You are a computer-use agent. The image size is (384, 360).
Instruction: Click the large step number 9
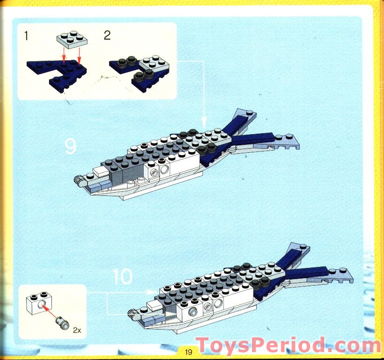[x=70, y=147]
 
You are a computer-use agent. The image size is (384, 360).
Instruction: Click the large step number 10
[x=122, y=276]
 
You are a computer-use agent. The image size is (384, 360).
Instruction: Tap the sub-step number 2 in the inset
[x=107, y=36]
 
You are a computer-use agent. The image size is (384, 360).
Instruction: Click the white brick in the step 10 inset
[x=37, y=303]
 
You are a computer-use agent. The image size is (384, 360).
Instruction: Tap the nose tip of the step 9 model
[x=77, y=179]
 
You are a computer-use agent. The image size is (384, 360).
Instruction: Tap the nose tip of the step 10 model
[x=131, y=311]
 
